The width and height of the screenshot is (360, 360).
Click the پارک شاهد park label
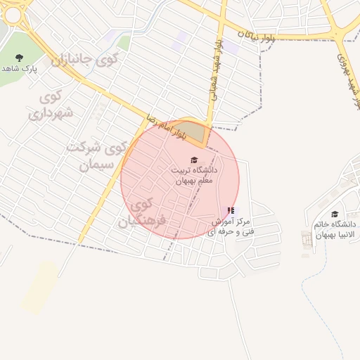pos(18,69)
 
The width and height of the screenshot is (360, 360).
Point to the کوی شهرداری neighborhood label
pos(51,105)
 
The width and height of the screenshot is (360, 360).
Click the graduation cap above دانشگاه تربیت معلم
pos(194,160)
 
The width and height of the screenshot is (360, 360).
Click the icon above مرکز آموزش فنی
pos(231,210)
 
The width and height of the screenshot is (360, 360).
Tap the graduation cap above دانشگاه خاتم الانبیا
pos(335,214)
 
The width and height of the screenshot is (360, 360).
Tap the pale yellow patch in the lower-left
pos(39,287)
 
